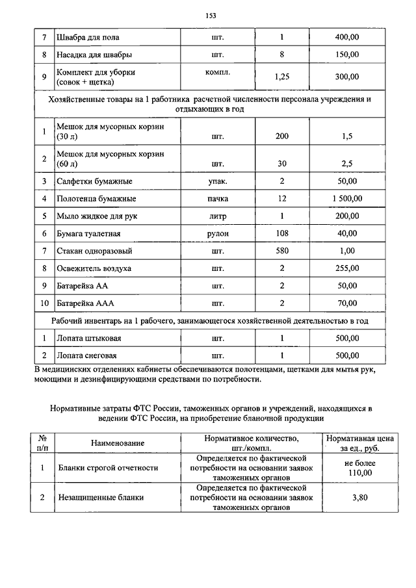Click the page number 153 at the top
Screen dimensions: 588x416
(x=210, y=16)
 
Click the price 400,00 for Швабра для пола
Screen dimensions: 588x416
(x=346, y=38)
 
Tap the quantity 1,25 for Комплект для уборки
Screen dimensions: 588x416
(x=282, y=77)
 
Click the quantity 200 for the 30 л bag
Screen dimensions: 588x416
(x=282, y=138)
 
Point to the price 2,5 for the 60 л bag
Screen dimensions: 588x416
(x=346, y=162)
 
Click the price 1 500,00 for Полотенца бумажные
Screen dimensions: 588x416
(x=346, y=198)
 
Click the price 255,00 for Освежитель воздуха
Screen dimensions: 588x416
(x=346, y=268)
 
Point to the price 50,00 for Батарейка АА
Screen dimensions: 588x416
(x=346, y=285)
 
